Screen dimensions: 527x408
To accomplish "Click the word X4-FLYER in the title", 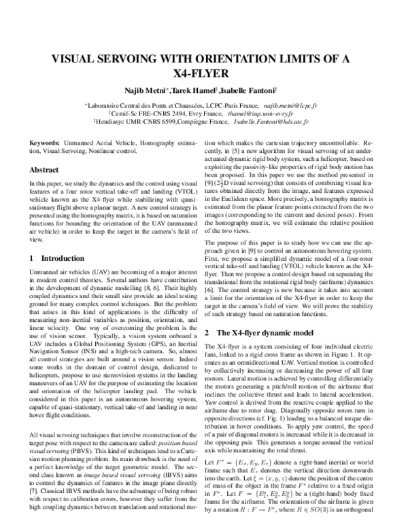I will point(204,73).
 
